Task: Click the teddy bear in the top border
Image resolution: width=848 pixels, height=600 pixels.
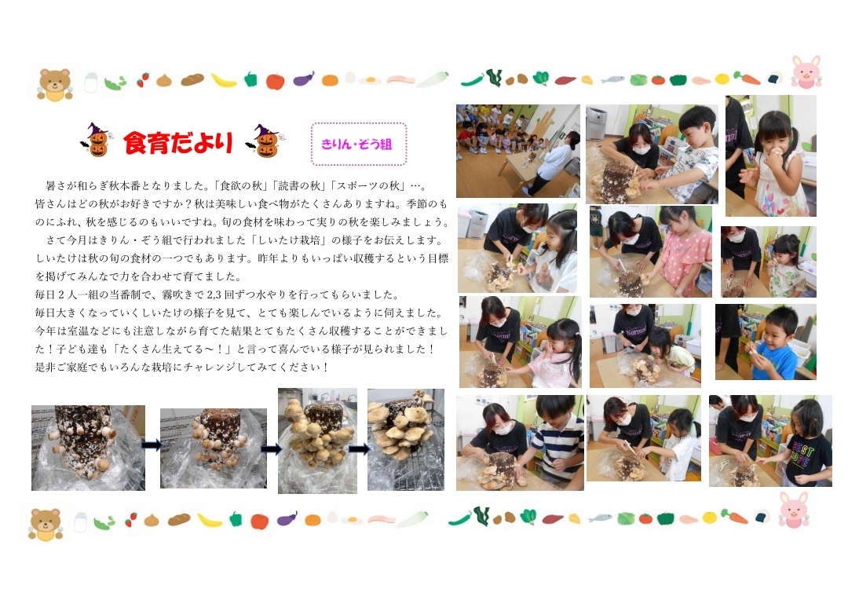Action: pyautogui.click(x=55, y=84)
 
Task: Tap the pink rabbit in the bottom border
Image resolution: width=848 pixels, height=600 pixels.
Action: pyautogui.click(x=793, y=509)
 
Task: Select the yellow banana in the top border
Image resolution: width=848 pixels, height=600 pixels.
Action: pyautogui.click(x=223, y=81)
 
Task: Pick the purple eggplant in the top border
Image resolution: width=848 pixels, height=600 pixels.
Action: pyautogui.click(x=304, y=79)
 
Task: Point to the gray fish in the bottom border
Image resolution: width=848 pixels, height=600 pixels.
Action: pyautogui.click(x=600, y=518)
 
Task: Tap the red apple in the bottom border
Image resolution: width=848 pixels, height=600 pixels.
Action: pyautogui.click(x=260, y=521)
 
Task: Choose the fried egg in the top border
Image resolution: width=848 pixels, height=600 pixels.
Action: pyautogui.click(x=371, y=81)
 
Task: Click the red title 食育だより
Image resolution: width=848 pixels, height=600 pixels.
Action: pyautogui.click(x=178, y=142)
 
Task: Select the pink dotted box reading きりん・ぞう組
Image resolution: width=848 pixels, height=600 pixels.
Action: pyautogui.click(x=359, y=144)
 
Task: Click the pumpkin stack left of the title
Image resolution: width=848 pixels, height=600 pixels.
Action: pyautogui.click(x=97, y=140)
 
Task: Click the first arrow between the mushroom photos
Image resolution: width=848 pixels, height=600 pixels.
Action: pyautogui.click(x=152, y=445)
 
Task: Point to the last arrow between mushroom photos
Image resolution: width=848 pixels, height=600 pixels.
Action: pyautogui.click(x=359, y=448)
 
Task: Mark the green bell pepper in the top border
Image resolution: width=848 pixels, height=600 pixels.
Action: pyautogui.click(x=250, y=79)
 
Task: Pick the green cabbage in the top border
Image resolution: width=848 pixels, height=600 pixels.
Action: pyautogui.click(x=638, y=80)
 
